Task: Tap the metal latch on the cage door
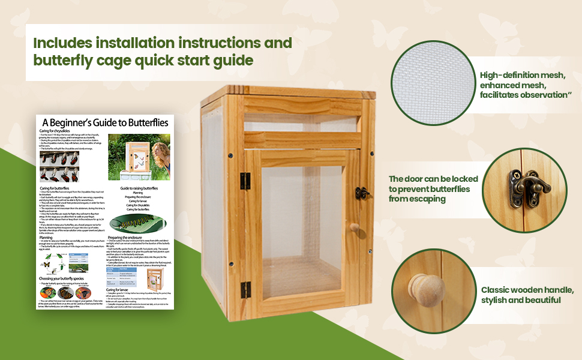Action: [361, 193]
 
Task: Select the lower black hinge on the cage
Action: [245, 290]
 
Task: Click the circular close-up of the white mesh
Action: [431, 82]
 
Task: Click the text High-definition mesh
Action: [522, 76]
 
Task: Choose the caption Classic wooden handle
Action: [527, 290]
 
